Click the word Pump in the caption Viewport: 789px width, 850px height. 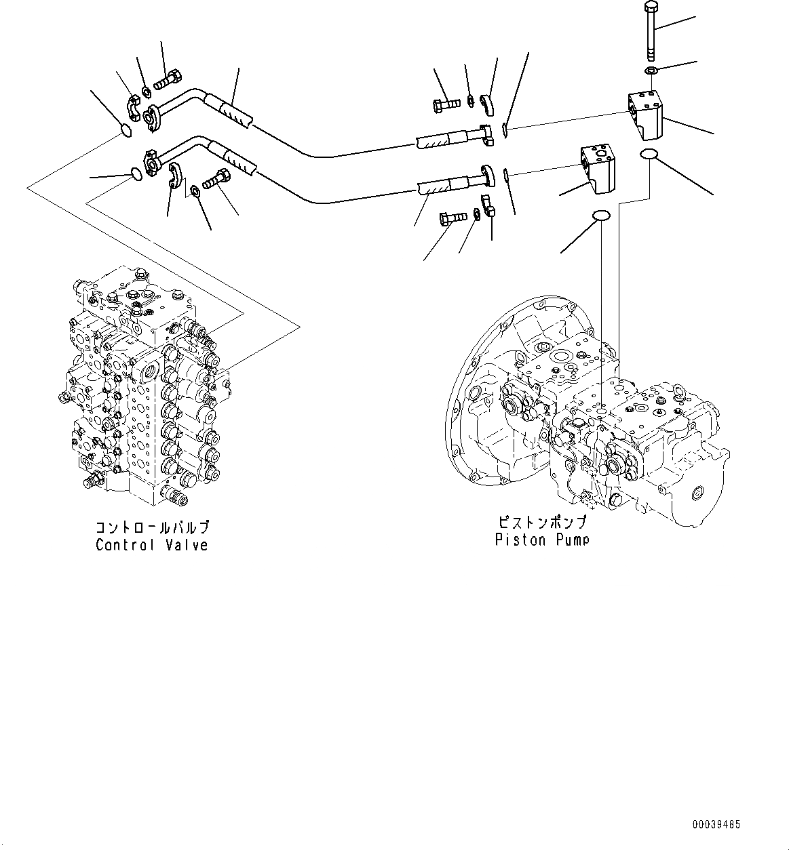569,540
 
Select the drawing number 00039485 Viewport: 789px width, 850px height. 716,825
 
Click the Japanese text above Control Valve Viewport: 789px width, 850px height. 152,527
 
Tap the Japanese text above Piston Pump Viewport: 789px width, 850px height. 541,523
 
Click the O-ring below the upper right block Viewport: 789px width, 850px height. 649,155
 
